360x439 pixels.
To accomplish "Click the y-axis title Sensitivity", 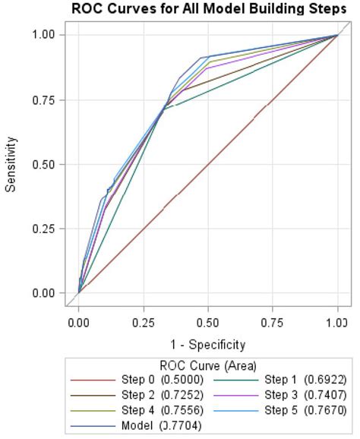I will (11, 163).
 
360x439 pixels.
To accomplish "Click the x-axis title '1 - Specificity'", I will (207, 343).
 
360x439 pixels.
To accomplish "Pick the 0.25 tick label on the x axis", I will (144, 322).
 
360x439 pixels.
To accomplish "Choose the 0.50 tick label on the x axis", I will (208, 322).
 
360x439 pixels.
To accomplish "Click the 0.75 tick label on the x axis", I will (273, 322).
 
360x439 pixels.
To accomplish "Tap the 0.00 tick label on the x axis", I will (79, 322).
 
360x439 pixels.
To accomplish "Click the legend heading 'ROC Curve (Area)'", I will (207, 365).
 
